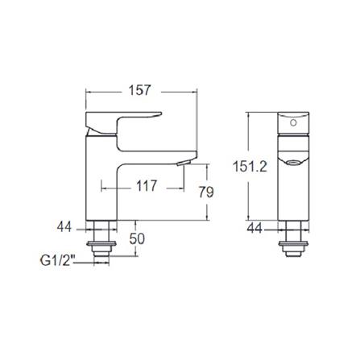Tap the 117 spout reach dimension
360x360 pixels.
click(146, 187)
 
